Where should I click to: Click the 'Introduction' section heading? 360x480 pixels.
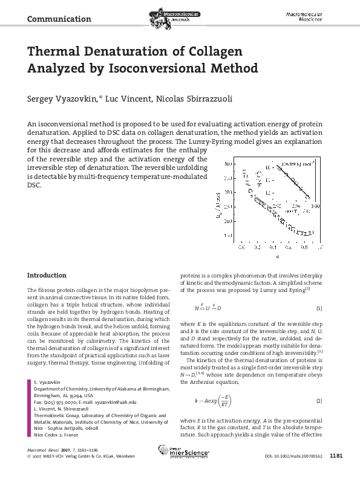click(x=47, y=275)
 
